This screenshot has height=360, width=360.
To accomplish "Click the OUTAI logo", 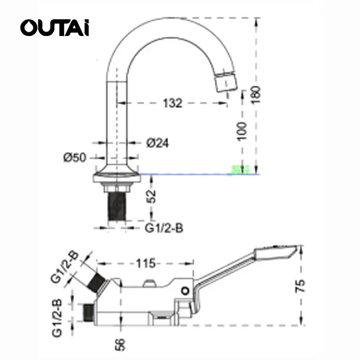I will coord(54,27).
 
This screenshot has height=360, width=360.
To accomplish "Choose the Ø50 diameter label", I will coord(75,157).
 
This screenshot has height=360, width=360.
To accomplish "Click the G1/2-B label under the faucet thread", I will coord(164,228).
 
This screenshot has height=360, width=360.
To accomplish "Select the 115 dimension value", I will coord(145,263).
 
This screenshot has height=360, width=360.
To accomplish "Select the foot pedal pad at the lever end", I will coord(273,252).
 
